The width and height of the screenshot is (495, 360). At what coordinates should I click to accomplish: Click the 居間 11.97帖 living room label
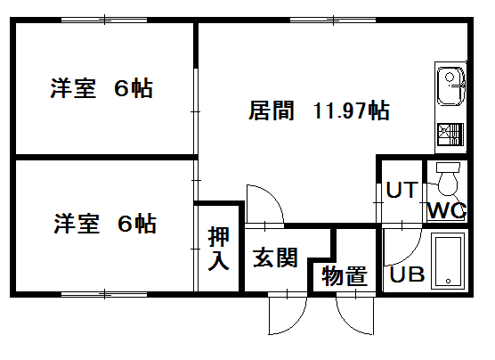tap(319, 110)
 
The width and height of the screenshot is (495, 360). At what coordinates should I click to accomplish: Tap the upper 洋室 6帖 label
tap(101, 88)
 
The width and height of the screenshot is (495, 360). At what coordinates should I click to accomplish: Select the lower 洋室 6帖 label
tap(105, 224)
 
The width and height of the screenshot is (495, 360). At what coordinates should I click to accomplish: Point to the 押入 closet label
tap(218, 249)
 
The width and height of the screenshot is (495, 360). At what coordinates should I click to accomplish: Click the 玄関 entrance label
tap(275, 258)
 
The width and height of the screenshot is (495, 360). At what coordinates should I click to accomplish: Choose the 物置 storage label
tap(345, 276)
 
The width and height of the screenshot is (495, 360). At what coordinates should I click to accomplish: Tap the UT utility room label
tap(402, 190)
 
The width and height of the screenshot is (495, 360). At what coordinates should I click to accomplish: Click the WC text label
tap(446, 210)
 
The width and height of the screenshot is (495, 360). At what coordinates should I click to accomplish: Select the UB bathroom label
tap(407, 274)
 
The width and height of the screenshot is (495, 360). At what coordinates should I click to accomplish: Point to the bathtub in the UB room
tap(448, 261)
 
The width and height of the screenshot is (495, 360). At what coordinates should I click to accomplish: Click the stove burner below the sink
tap(450, 135)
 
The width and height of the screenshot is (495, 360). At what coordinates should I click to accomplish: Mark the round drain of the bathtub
tap(448, 281)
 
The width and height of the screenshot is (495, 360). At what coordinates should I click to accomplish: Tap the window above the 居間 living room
tap(333, 20)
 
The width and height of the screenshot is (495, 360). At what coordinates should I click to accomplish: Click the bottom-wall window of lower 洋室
tap(104, 295)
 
